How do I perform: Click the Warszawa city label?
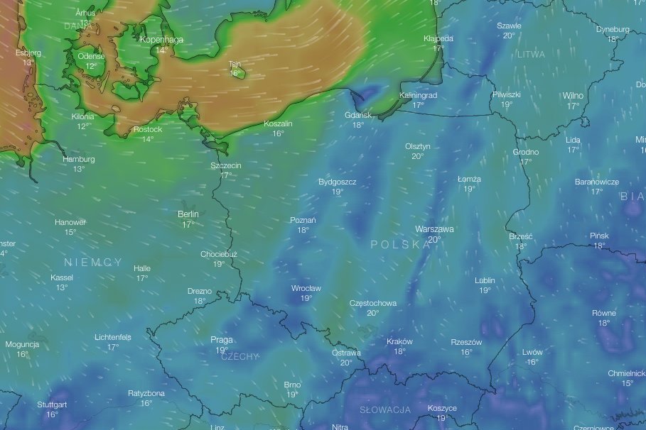[x=434, y=229]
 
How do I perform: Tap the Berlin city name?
[x=188, y=214]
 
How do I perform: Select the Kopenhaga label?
[x=161, y=40]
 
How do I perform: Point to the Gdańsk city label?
[x=357, y=115]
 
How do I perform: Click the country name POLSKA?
[x=401, y=244]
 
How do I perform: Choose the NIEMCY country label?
[x=92, y=263]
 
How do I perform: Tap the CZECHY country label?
[x=239, y=356]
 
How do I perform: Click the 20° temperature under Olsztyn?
[x=418, y=156]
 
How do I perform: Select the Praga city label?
[x=222, y=340]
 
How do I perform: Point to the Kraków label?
[x=399, y=341]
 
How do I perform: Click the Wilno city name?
[x=573, y=96]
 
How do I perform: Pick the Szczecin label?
[x=226, y=165]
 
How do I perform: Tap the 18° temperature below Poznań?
[x=303, y=230]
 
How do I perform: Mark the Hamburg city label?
[x=78, y=160]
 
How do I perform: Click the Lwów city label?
[x=532, y=352]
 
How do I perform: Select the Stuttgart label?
[x=52, y=404]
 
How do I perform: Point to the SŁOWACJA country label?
[x=385, y=410]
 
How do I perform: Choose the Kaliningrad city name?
[x=419, y=95]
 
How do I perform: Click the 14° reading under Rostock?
[x=148, y=138]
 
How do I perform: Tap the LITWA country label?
[x=532, y=55]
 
